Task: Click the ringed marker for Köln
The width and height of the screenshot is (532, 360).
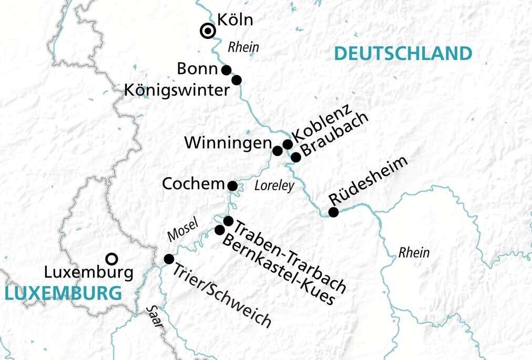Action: [208, 32]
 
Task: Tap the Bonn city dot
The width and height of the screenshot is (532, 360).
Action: [227, 70]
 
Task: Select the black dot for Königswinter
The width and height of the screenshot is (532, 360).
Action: [237, 80]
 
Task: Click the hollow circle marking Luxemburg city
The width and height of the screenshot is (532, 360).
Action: [111, 259]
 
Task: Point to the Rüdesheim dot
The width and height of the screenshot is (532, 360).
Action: [333, 212]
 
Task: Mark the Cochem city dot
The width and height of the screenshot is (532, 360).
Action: [232, 186]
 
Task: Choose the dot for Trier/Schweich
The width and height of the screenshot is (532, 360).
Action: [169, 259]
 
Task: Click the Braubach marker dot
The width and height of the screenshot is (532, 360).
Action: [296, 157]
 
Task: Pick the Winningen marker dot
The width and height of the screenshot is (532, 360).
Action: [277, 151]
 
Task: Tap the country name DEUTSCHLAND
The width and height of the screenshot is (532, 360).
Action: [402, 54]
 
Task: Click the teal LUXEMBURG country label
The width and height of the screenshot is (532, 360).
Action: [61, 293]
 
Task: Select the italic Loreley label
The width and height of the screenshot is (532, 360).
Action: [273, 186]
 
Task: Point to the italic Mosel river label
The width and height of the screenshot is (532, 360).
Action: [182, 230]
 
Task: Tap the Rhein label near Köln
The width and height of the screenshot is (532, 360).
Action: [243, 47]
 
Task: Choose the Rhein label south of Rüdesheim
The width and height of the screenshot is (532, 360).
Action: [414, 253]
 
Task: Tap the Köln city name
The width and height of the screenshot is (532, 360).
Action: [235, 20]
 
